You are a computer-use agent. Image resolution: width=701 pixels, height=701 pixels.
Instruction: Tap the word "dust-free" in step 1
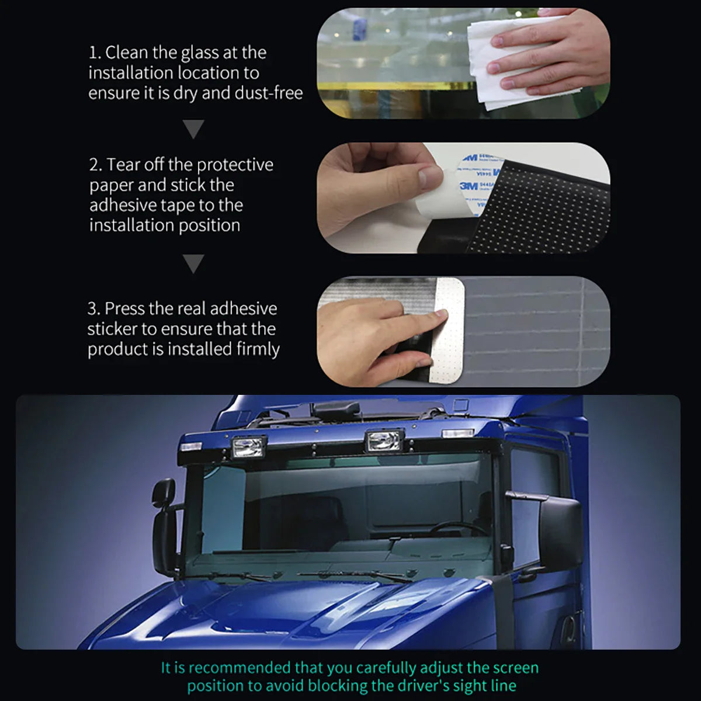(x=269, y=93)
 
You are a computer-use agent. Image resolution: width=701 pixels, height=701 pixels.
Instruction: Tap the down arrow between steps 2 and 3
(x=193, y=264)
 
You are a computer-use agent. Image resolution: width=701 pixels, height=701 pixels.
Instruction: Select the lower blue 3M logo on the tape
(x=469, y=186)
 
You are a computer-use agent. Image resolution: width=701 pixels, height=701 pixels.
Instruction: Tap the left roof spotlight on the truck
(x=248, y=447)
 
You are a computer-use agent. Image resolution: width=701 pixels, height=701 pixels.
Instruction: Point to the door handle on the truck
(x=567, y=626)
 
